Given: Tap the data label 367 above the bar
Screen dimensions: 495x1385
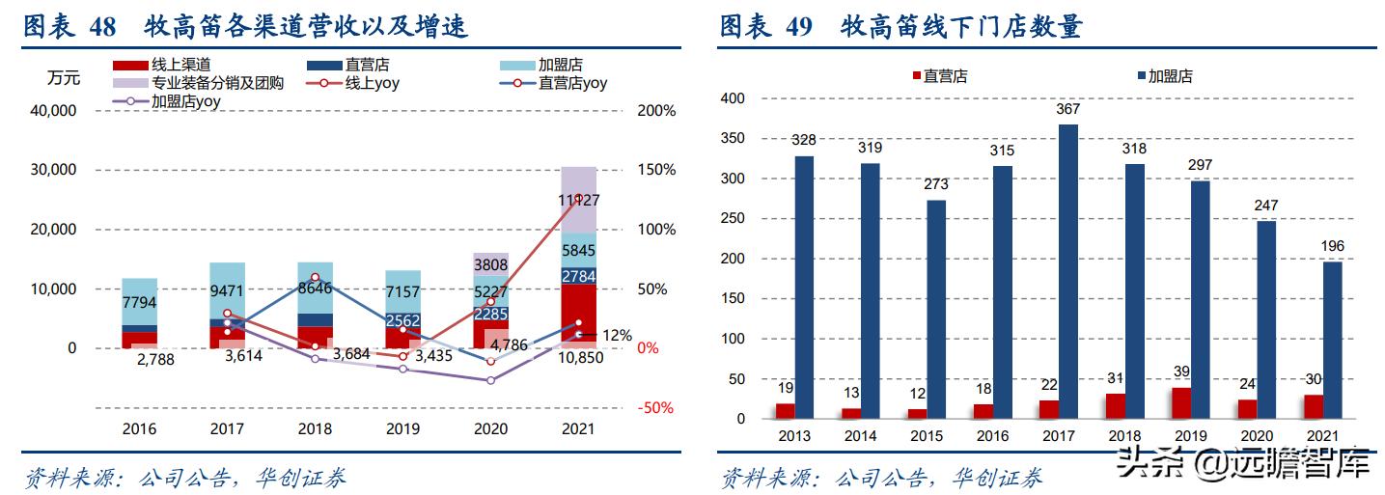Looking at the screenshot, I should [x=1067, y=110].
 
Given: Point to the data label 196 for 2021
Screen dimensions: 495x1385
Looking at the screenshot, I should [x=1331, y=246].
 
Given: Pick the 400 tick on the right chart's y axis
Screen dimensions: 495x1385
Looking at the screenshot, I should [x=733, y=98].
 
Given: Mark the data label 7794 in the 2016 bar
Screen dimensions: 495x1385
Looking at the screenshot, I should [x=140, y=303].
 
